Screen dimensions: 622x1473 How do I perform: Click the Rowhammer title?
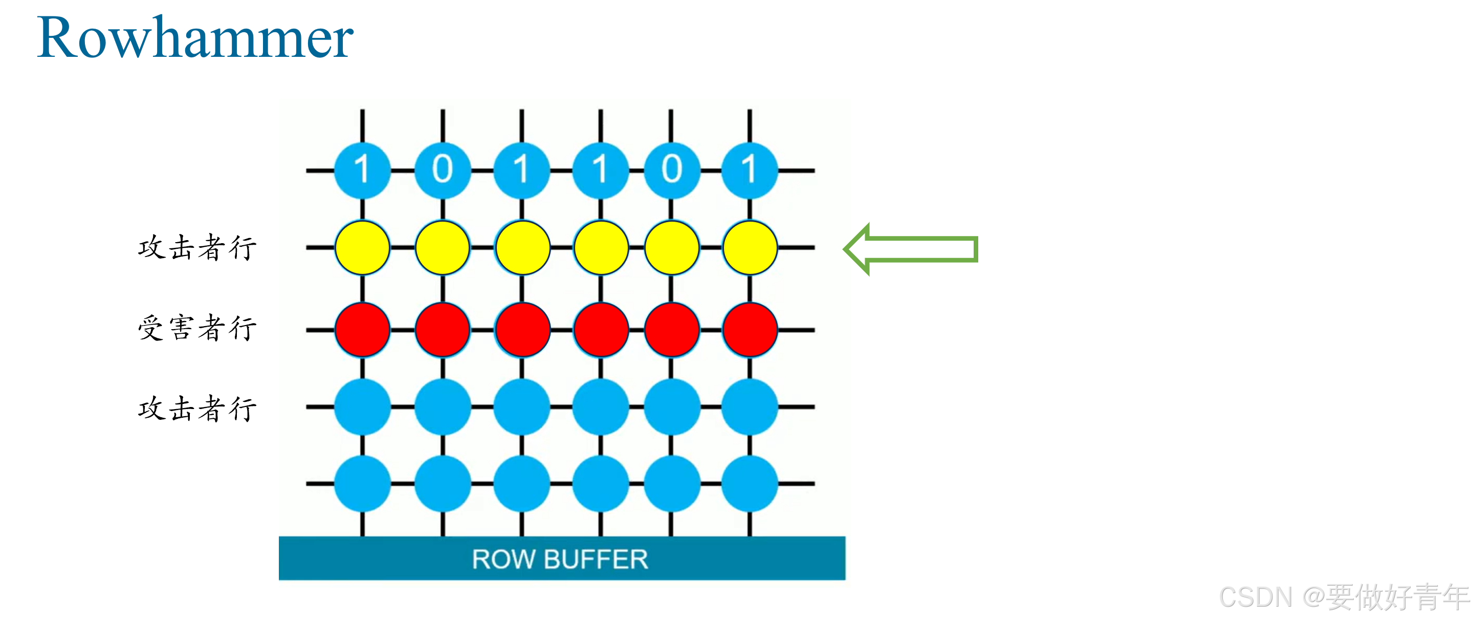tap(195, 38)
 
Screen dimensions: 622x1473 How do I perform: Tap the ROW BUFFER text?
tap(560, 559)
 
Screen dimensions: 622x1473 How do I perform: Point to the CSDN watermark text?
tap(1344, 597)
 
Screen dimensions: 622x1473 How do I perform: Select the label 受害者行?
tap(197, 328)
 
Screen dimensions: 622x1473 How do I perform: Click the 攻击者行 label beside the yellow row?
tap(197, 248)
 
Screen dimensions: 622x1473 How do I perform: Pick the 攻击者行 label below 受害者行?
tap(197, 409)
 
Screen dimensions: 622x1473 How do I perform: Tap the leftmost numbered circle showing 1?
tap(362, 170)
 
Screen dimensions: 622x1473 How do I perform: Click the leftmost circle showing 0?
tap(443, 170)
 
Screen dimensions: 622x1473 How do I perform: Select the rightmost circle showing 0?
tap(671, 170)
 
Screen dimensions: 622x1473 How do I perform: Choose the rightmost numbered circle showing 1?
tap(750, 170)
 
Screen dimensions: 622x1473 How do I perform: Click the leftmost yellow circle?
tap(362, 248)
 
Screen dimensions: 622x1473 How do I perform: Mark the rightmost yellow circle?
tap(750, 248)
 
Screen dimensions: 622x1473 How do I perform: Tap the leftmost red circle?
tap(362, 330)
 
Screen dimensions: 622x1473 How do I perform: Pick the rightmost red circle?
tap(750, 330)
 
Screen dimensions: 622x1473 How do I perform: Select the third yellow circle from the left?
tap(522, 248)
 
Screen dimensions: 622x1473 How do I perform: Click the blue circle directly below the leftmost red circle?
tap(362, 407)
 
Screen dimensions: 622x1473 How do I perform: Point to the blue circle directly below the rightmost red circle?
tap(750, 407)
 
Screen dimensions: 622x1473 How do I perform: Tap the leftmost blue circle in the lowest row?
tap(362, 484)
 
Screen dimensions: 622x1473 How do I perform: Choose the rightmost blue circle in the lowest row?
tap(750, 484)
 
